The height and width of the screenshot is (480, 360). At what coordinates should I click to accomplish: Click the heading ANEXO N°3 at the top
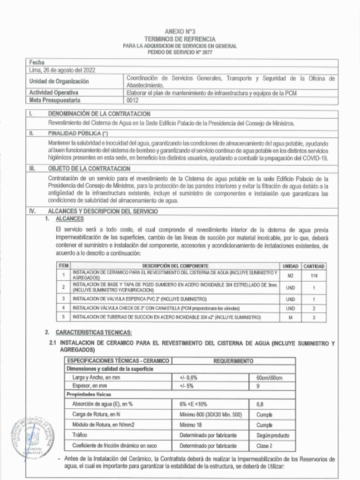(180, 31)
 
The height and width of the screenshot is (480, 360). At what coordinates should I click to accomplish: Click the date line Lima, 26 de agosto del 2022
(62, 70)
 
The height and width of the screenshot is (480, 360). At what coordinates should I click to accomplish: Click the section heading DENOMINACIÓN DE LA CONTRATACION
(99, 114)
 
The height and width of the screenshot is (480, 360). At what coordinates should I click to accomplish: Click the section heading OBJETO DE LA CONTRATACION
(89, 168)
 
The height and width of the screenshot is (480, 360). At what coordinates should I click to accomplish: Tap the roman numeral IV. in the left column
(32, 211)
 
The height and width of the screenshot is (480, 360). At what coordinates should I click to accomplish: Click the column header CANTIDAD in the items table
(314, 266)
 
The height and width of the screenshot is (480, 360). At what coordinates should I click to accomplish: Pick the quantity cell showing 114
(314, 276)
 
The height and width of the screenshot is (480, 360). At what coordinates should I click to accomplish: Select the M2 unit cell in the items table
(291, 276)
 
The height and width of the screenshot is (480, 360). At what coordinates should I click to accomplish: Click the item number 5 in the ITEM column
(63, 317)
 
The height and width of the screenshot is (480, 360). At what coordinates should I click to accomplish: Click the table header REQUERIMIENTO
(233, 361)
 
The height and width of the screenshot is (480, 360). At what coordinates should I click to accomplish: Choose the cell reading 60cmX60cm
(269, 378)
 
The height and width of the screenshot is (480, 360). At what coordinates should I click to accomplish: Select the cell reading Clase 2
(264, 446)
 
